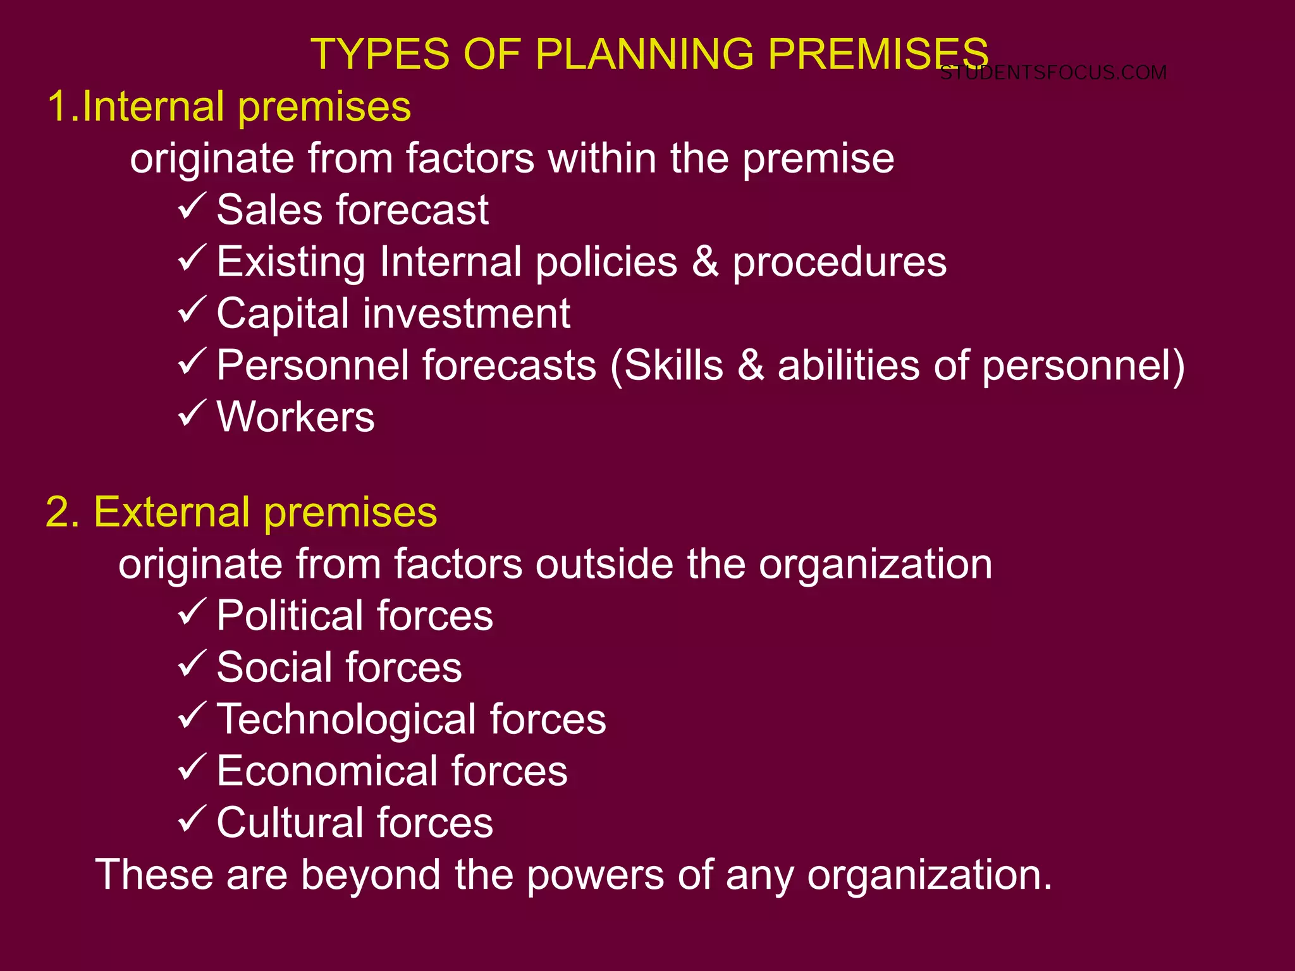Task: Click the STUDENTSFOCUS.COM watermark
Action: coord(1053,73)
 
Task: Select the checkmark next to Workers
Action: coord(192,413)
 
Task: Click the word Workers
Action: coord(295,417)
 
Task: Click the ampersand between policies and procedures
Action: coord(705,262)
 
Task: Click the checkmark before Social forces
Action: coord(192,664)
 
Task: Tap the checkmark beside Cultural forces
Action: coord(192,819)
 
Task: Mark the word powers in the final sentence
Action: coord(594,876)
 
